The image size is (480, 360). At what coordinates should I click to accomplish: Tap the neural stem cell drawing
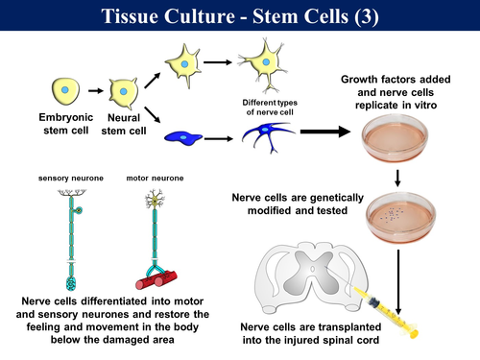123,92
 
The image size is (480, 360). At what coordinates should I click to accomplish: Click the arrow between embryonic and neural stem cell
95,92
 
